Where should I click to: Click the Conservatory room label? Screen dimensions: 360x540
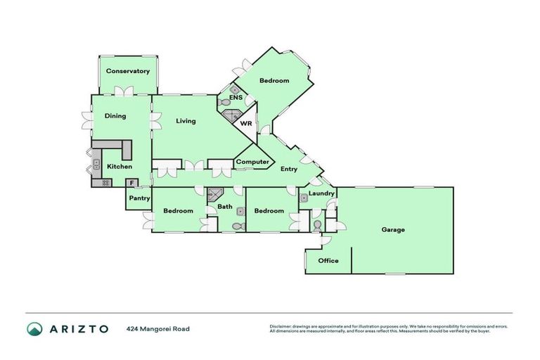[x=128, y=71]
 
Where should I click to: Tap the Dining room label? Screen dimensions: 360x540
[x=115, y=116]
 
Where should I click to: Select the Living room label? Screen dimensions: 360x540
[x=186, y=121]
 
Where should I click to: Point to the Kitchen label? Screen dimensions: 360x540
[x=119, y=167]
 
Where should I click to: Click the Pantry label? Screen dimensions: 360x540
[x=139, y=199]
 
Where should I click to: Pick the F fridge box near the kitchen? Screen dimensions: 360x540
[x=131, y=184]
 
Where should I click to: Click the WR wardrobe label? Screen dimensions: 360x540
[x=246, y=123]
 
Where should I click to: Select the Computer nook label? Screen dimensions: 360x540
[x=252, y=162]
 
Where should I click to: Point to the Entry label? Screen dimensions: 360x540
[x=288, y=169]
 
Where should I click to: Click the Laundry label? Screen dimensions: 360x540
[x=321, y=193]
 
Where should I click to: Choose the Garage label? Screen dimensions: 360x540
[x=393, y=230]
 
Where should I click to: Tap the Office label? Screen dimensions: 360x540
[x=328, y=261]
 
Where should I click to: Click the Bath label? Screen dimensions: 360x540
[x=224, y=207]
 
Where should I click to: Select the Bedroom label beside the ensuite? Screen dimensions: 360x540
[x=274, y=81]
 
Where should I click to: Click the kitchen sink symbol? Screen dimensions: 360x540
[x=96, y=166]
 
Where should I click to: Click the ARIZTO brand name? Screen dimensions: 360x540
[x=78, y=328]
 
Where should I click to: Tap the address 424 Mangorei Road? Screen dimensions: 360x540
[x=158, y=328]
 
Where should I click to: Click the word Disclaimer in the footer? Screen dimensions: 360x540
[x=283, y=326]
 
